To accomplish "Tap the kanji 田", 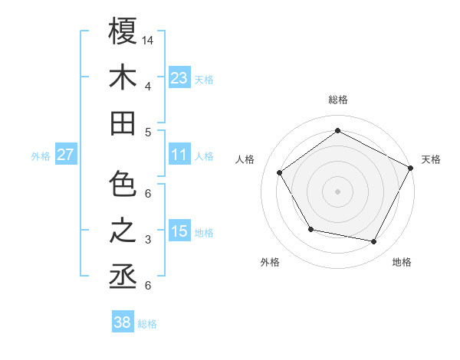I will click(123, 123).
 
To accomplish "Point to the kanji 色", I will click(123, 185).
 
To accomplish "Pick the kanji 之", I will click(123, 231).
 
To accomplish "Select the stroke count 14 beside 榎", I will click(149, 40).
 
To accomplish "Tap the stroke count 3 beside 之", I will click(147, 240).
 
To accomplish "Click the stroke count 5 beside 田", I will click(147, 132).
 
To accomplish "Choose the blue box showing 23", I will click(179, 77).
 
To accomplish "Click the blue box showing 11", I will click(179, 155).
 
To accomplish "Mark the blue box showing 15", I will click(179, 232).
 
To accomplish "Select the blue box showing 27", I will click(66, 155).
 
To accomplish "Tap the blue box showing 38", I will click(123, 323).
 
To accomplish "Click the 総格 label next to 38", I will click(147, 324).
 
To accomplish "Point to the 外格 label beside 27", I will click(41, 156).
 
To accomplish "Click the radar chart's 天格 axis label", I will click(431, 159).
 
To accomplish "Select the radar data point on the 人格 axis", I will click(280, 172).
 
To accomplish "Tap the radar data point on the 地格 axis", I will click(374, 242).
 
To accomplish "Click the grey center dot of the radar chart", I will click(337, 191).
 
